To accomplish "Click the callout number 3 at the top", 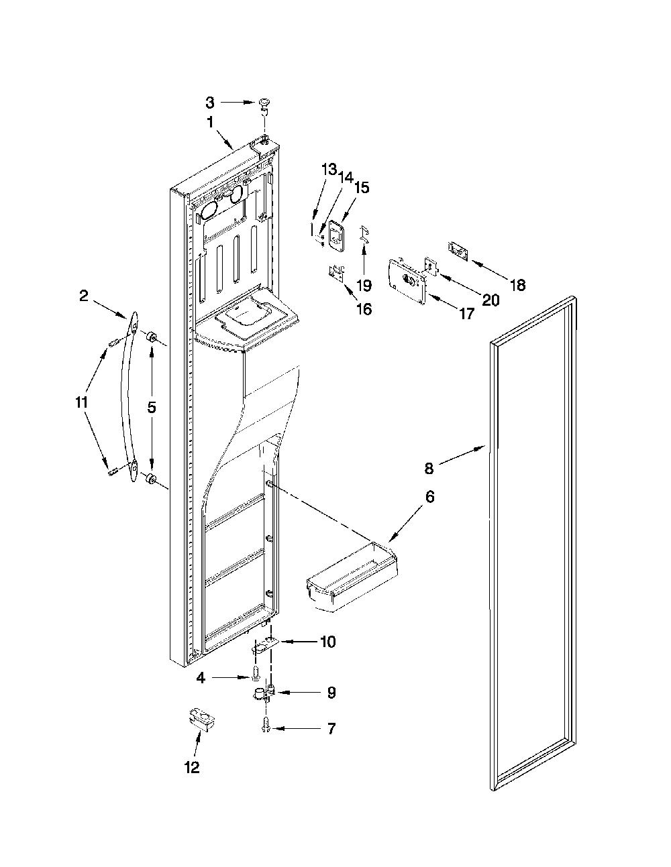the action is pyautogui.click(x=210, y=103).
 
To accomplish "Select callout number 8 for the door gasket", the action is pyautogui.click(x=429, y=468).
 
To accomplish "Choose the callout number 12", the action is pyautogui.click(x=192, y=766).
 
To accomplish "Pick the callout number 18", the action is pyautogui.click(x=518, y=285).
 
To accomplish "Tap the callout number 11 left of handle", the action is pyautogui.click(x=81, y=403).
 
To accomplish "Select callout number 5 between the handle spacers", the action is pyautogui.click(x=152, y=408).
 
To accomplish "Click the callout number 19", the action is pyautogui.click(x=364, y=285).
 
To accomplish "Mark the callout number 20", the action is pyautogui.click(x=491, y=300).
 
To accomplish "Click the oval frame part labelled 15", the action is pyautogui.click(x=335, y=237).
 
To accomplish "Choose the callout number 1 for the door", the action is pyautogui.click(x=210, y=123).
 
